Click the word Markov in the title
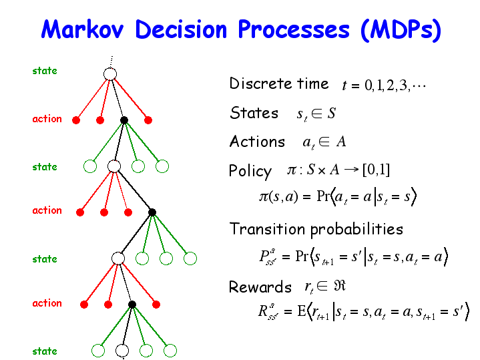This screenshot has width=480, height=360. tap(82, 29)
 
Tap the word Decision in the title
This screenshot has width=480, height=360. tap(181, 29)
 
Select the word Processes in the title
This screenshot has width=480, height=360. tap(294, 29)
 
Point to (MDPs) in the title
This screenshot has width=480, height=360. tap(401, 30)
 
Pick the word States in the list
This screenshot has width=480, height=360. tap(254, 113)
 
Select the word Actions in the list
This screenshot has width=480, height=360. tap(258, 142)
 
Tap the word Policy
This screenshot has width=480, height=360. tap(250, 171)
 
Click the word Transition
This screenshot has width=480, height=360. tap(267, 229)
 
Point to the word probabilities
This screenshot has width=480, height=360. tap(357, 230)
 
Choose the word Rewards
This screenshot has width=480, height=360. tap(260, 287)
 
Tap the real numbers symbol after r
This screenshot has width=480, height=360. tap(340, 286)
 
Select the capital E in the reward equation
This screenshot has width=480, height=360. tap(302, 311)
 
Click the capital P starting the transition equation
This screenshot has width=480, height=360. tap(264, 256)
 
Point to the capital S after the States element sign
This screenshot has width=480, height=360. tap(332, 113)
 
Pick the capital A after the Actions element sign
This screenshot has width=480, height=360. tap(341, 142)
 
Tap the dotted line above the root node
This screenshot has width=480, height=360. tap(111, 61)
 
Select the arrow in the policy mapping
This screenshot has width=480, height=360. tap(350, 170)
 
